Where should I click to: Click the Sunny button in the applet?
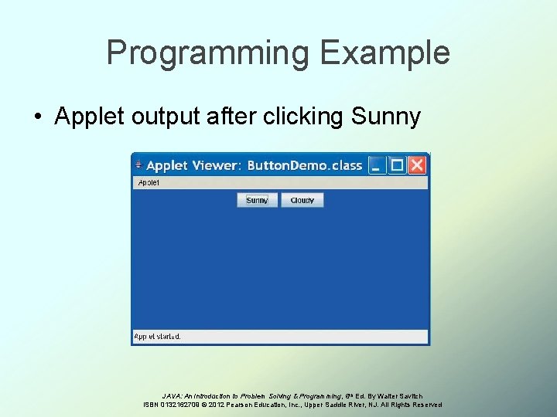tap(257, 200)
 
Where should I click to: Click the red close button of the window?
tap(417, 165)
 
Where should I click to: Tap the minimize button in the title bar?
tap(377, 165)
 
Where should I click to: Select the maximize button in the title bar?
tap(397, 165)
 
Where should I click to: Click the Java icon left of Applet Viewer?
tap(138, 165)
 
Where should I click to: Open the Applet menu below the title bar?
tap(148, 183)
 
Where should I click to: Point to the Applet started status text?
tap(158, 337)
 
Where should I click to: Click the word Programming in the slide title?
tap(207, 53)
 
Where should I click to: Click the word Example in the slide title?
tap(384, 53)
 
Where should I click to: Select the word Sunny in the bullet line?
tap(385, 117)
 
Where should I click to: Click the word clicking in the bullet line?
tap(305, 117)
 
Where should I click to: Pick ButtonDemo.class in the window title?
tap(305, 165)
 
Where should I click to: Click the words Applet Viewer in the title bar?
tap(193, 165)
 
